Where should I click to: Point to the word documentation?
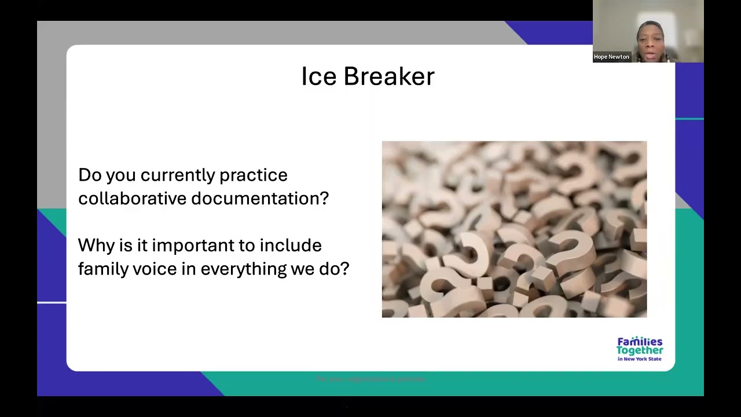pyautogui.click(x=260, y=199)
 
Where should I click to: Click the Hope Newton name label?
pyautogui.click(x=611, y=57)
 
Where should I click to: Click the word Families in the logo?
pyautogui.click(x=640, y=342)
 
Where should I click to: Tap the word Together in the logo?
pyautogui.click(x=640, y=350)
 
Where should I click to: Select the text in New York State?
pyautogui.click(x=639, y=359)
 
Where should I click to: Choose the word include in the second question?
pyautogui.click(x=290, y=246)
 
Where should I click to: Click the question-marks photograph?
pyautogui.click(x=514, y=229)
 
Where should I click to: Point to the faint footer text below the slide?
pyautogui.click(x=370, y=379)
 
